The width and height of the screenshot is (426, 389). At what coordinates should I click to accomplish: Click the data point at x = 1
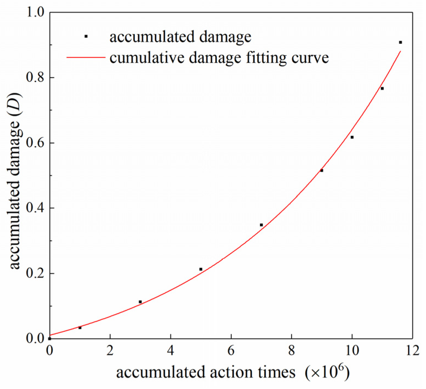pyautogui.click(x=80, y=327)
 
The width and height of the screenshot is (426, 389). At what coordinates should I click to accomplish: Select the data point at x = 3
pyautogui.click(x=140, y=302)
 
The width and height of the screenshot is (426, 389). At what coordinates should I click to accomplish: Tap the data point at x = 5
pyautogui.click(x=201, y=269)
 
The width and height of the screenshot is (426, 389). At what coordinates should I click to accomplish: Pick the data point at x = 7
pyautogui.click(x=261, y=225)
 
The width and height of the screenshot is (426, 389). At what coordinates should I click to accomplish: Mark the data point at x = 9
pyautogui.click(x=322, y=171)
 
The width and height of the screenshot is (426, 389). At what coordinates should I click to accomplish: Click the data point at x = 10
pyautogui.click(x=352, y=137)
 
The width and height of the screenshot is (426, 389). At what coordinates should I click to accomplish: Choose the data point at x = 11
pyautogui.click(x=382, y=88)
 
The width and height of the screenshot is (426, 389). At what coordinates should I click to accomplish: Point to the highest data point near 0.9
pyautogui.click(x=400, y=42)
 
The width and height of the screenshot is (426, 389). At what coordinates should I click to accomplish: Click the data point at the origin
pyautogui.click(x=50, y=338)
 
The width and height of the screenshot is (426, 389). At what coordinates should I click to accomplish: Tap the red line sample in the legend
pyautogui.click(x=86, y=57)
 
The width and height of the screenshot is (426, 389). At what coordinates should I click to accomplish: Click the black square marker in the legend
pyautogui.click(x=86, y=36)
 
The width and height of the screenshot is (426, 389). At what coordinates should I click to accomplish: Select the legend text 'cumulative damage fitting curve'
pyautogui.click(x=219, y=58)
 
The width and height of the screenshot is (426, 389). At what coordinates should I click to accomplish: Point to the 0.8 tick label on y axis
pyautogui.click(x=35, y=77)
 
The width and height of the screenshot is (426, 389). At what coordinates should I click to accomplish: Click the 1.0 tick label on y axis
pyautogui.click(x=35, y=12)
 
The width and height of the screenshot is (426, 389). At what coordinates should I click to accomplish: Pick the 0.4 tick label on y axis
pyautogui.click(x=35, y=208)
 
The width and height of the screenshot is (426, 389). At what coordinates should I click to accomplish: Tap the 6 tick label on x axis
pyautogui.click(x=231, y=350)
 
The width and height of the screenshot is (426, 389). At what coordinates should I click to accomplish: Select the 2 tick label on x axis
pyautogui.click(x=110, y=350)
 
